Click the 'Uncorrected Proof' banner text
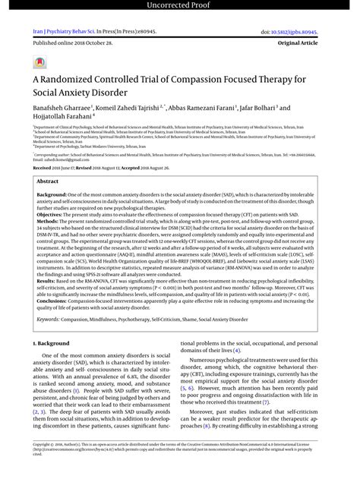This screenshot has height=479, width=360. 179,7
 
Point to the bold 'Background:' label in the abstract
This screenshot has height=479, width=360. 52,195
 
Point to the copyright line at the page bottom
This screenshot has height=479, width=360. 179,463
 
